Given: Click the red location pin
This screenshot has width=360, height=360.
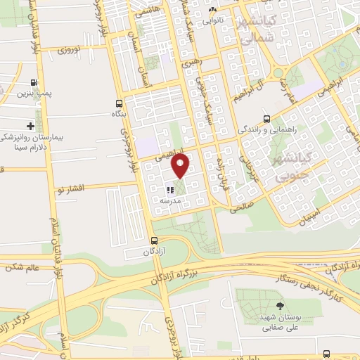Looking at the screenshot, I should coord(181,166).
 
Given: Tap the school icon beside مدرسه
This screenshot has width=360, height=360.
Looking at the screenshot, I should coord(169,190).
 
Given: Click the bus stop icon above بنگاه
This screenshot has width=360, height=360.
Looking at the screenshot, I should coord(120,102).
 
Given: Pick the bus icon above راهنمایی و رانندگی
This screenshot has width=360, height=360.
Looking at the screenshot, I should coord(266,118).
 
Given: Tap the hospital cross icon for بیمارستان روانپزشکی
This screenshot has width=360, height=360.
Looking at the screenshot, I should coord(29,125).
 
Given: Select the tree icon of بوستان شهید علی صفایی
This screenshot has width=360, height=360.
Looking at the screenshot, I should coord(280,306).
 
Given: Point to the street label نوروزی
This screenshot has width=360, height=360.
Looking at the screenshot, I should coord(70,51).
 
